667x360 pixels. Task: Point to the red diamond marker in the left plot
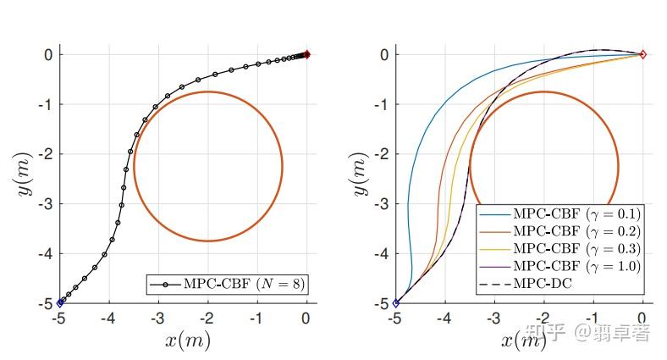click(306, 54)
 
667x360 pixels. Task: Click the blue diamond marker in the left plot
click(60, 302)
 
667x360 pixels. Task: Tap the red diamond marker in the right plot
click(642, 54)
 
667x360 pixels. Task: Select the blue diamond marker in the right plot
click(396, 302)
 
